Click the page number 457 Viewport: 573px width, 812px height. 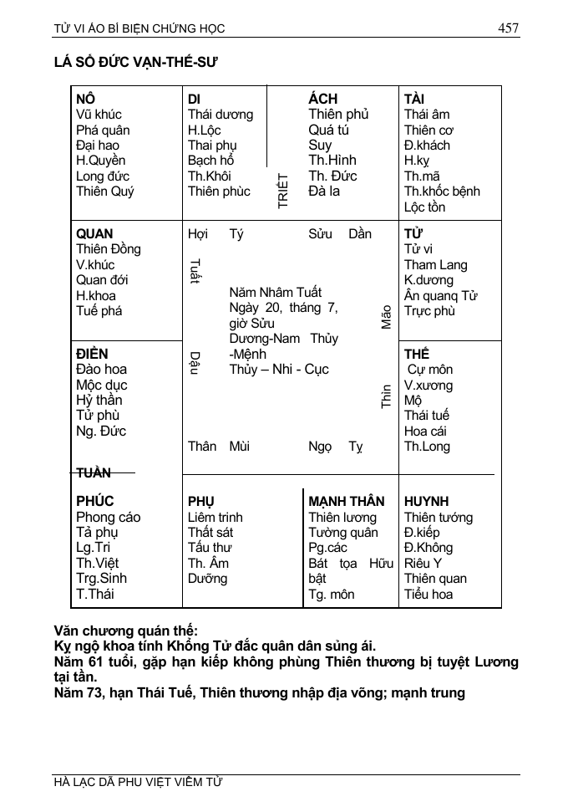click(508, 28)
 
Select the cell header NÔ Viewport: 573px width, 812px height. click(85, 99)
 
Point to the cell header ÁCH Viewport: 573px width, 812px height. click(323, 99)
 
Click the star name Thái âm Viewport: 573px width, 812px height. click(426, 114)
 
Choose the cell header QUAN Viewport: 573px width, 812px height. click(94, 233)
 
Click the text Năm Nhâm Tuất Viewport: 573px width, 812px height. click(275, 292)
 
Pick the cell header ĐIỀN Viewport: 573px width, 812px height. click(92, 354)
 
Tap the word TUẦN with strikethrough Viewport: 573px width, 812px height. click(94, 473)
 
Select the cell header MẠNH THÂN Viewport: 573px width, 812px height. click(347, 501)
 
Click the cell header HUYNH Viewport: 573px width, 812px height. click(426, 501)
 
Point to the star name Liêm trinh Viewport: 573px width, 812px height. click(215, 517)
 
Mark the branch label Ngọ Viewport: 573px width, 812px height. click(320, 447)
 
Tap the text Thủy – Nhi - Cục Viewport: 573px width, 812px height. click(279, 369)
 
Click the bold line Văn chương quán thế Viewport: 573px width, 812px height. click(125, 631)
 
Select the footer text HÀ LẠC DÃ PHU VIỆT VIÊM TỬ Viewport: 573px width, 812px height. click(138, 783)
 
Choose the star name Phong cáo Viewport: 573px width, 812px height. click(108, 517)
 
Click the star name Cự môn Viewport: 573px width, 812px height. click(430, 370)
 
